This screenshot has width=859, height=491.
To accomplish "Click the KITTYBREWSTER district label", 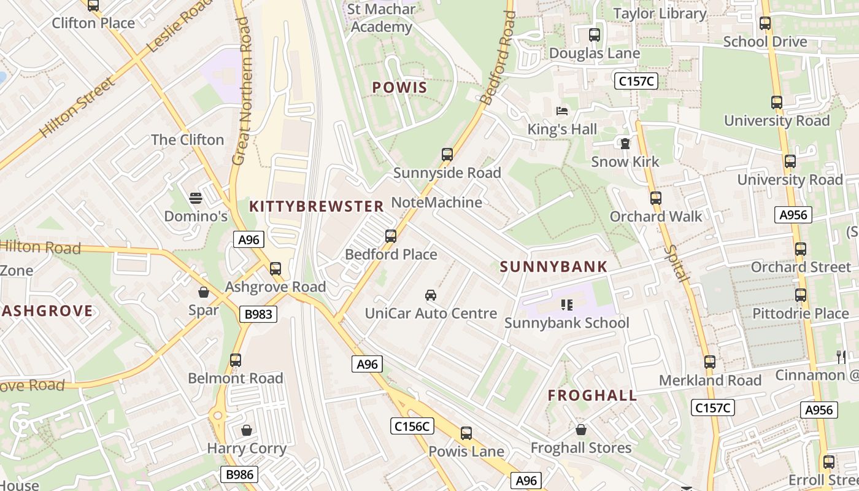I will [317, 206].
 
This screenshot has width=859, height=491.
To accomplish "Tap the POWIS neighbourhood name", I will [399, 88].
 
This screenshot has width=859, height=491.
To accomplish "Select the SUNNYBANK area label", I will [553, 267].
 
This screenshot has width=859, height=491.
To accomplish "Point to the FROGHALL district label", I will [592, 395].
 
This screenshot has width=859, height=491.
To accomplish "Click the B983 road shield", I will [258, 315].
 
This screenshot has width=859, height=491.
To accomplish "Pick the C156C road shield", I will [412, 426].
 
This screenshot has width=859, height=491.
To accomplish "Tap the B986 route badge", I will [239, 474].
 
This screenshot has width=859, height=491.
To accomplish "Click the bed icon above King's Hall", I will [562, 111].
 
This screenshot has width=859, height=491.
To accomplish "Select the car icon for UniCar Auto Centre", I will [431, 295].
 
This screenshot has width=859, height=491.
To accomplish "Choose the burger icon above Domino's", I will [196, 198].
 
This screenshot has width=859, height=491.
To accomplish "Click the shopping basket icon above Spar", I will [204, 292].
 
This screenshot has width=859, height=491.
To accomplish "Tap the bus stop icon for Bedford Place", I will [391, 236].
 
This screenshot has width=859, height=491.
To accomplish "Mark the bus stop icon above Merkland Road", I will [710, 362].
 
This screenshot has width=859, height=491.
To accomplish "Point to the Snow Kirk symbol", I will [625, 144].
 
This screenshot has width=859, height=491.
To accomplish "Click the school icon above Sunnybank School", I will [566, 304].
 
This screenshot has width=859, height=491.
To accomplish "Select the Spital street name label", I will [676, 264].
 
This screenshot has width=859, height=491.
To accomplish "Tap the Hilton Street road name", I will [77, 107].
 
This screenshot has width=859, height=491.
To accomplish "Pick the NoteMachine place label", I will [436, 202].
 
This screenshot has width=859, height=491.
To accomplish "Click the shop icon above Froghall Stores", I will [580, 430].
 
